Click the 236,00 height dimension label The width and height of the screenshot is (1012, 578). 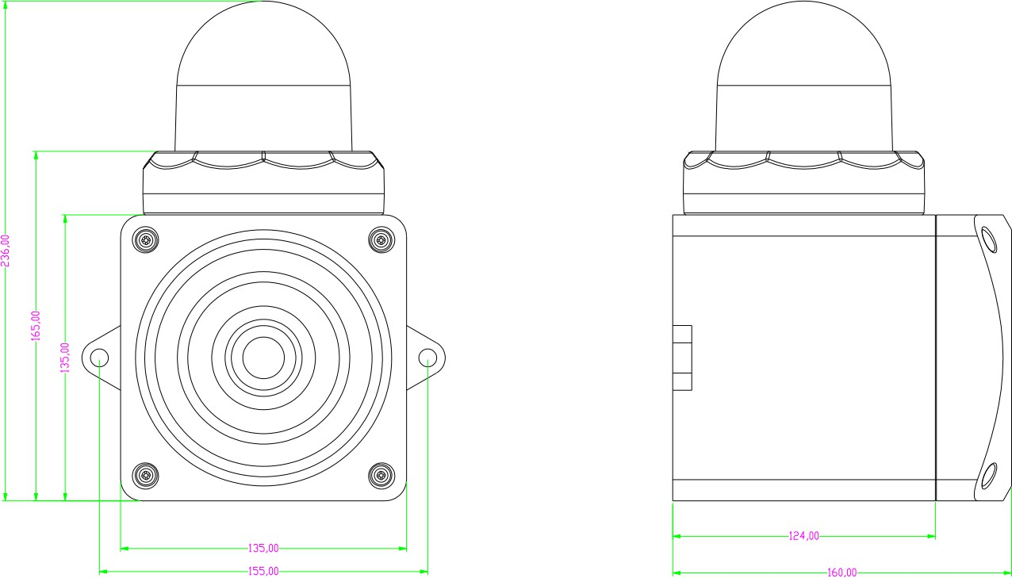pyautogui.click(x=6, y=251)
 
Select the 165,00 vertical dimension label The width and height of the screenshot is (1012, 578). pyautogui.click(x=36, y=326)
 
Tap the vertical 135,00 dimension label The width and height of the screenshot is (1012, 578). pyautogui.click(x=65, y=358)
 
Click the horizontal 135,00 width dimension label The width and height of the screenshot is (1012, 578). pyautogui.click(x=263, y=548)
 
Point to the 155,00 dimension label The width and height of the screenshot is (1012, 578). pyautogui.click(x=263, y=571)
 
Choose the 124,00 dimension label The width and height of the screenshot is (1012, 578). pyautogui.click(x=803, y=536)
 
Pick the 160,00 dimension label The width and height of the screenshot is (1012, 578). pyautogui.click(x=841, y=572)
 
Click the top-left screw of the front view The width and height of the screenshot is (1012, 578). pyautogui.click(x=145, y=239)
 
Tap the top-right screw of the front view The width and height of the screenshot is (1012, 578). pyautogui.click(x=381, y=239)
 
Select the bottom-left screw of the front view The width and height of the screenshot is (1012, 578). pyautogui.click(x=145, y=476)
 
